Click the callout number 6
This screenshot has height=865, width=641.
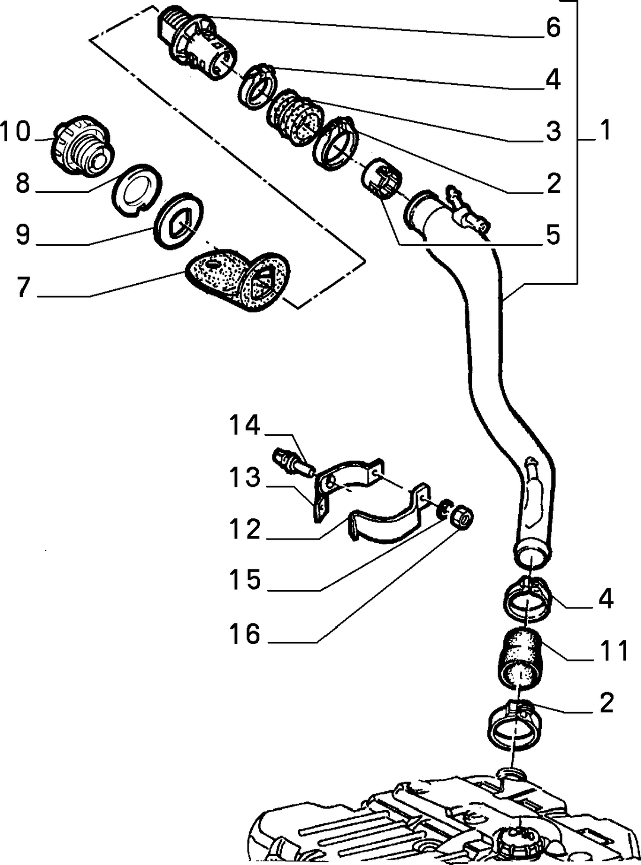(x=553, y=28)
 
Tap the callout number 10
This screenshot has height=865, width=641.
(x=15, y=131)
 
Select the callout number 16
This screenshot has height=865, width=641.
(x=245, y=633)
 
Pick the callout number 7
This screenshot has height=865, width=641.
(x=23, y=287)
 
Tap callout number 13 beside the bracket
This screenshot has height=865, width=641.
(x=245, y=478)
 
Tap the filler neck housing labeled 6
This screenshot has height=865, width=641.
(x=197, y=42)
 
